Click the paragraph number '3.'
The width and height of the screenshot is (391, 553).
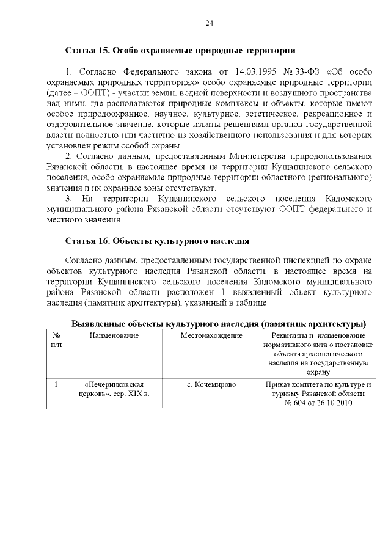click(69, 199)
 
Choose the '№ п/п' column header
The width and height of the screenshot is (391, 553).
click(56, 340)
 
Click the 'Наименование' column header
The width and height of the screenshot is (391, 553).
click(114, 335)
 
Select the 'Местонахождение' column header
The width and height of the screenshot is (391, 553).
click(211, 335)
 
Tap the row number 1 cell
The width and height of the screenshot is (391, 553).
click(56, 384)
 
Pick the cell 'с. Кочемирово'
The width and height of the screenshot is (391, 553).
click(211, 384)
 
